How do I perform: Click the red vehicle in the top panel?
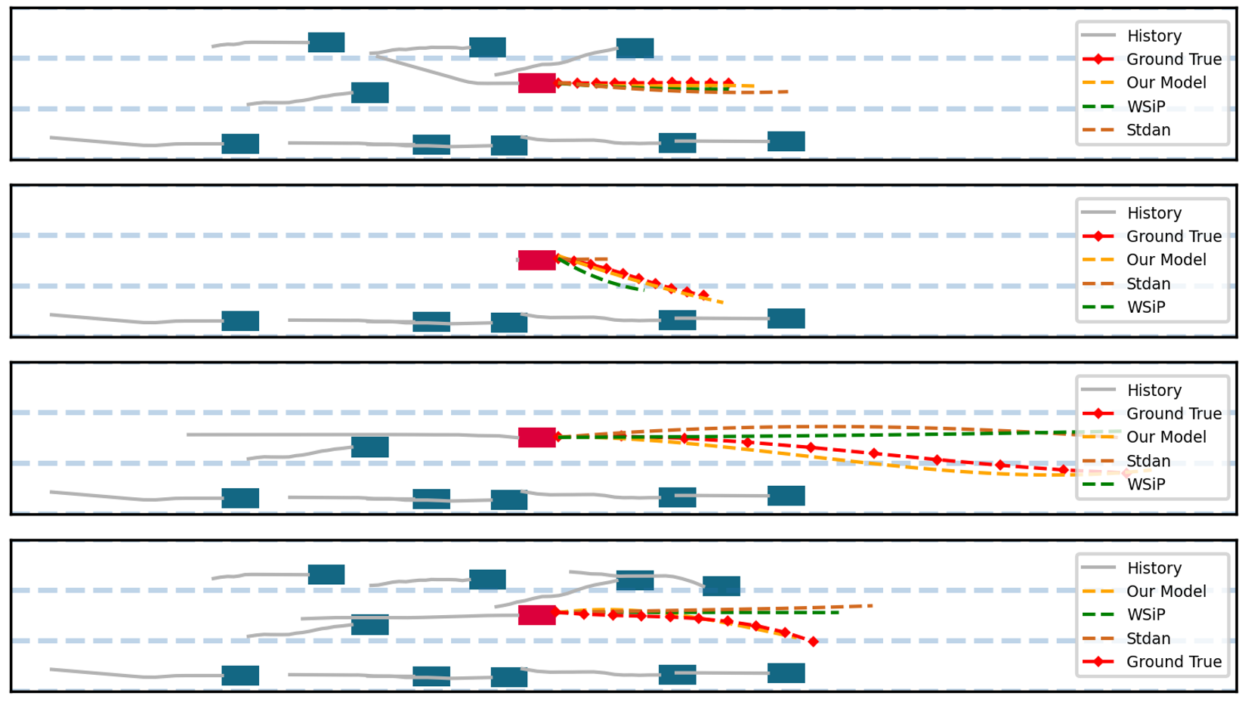pos(536,83)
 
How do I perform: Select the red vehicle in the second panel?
pos(536,260)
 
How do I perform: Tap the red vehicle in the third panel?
pos(536,438)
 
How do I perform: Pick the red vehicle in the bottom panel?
pos(536,615)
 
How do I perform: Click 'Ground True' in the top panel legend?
pos(1173,59)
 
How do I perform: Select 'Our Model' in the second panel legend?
pos(1166,260)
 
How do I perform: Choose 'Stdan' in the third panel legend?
pos(1148,461)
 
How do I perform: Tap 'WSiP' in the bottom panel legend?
pos(1145,615)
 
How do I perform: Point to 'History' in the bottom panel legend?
pos(1154,568)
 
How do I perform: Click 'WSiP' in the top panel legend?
pos(1145,107)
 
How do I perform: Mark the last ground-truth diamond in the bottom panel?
pos(813,642)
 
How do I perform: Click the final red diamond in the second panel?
pos(704,295)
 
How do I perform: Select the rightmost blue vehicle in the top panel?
pos(786,141)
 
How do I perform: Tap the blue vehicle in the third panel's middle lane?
pos(369,447)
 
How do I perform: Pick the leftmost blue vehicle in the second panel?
pos(240,321)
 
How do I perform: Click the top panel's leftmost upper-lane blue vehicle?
pos(326,42)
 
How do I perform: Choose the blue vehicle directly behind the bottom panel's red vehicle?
pos(369,624)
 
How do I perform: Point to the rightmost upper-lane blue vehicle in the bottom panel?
pos(721,586)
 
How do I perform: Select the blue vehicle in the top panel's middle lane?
pos(369,92)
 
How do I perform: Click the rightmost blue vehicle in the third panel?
pos(786,496)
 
